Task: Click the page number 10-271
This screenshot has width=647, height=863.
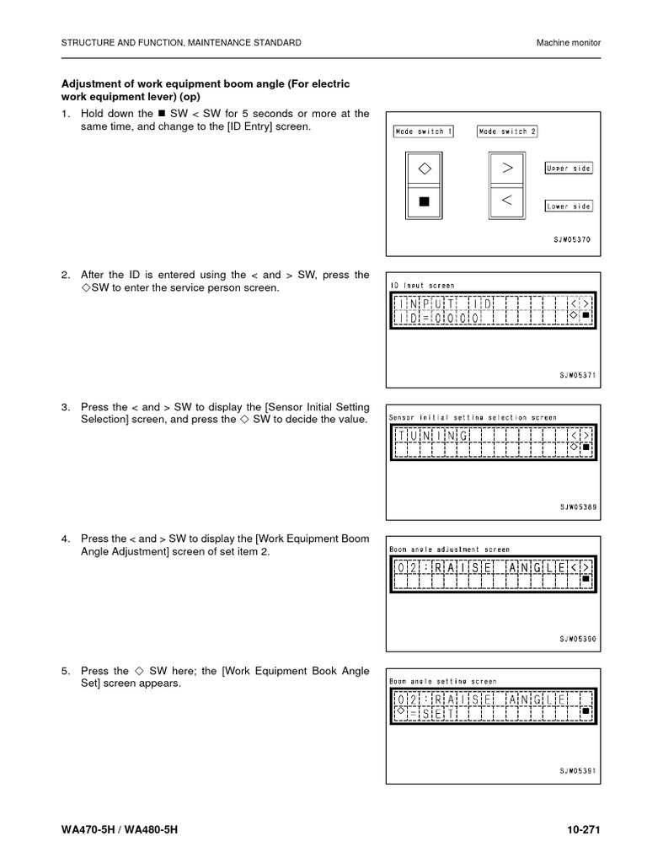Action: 582,830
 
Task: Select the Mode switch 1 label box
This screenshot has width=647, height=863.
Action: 423,131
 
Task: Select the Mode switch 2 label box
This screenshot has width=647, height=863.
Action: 507,131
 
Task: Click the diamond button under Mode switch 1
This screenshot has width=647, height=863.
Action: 424,168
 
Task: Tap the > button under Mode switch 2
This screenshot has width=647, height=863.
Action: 507,168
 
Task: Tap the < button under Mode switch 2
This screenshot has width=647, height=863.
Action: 507,201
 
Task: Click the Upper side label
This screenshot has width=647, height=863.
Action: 569,169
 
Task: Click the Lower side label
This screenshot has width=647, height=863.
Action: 569,206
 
